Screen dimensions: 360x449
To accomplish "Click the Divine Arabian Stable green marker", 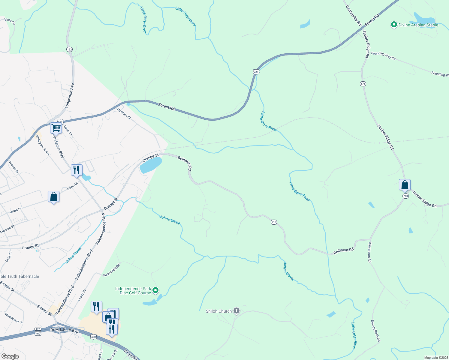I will [394, 25].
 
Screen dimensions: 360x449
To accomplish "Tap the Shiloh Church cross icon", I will [237, 311].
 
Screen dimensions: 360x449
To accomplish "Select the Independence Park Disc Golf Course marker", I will [155, 290].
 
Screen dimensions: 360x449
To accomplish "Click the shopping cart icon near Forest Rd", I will [56, 128].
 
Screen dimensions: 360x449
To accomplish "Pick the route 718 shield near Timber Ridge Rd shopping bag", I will [405, 196].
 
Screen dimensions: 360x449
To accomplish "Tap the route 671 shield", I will [363, 84].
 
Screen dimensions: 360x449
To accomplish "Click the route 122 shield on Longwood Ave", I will [69, 49].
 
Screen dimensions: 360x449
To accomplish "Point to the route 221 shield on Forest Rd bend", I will [256, 71].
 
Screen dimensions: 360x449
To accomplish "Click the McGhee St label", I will [124, 114].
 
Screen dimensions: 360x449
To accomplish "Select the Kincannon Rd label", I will [370, 252].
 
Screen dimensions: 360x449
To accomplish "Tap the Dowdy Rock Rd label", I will [375, 331].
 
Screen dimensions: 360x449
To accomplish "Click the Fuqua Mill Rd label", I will [112, 270].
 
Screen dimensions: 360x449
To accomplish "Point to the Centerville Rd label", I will [353, 15].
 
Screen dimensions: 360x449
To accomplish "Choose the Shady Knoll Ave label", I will [43, 145].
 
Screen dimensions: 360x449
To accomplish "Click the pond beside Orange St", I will [151, 165].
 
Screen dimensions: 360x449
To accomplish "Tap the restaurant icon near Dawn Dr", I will [77, 170].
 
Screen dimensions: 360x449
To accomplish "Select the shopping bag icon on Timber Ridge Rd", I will [405, 185].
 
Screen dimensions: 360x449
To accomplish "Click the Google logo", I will [10, 356].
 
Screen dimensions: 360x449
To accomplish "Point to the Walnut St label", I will [14, 167].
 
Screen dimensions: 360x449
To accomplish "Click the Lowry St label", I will [82, 295].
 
